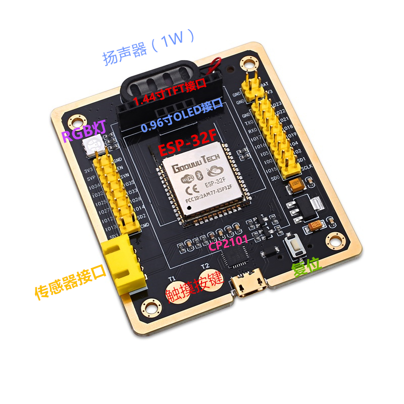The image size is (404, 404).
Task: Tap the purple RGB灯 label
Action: click(x=84, y=133)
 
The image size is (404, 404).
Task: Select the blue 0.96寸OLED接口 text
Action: click(x=181, y=117)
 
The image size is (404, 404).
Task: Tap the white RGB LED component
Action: click(x=95, y=147)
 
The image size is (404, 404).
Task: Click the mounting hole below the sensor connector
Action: click(x=149, y=307)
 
